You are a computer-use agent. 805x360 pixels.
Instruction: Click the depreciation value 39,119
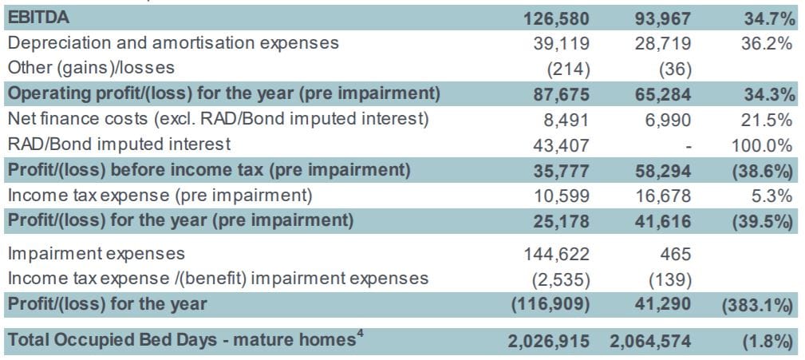562,43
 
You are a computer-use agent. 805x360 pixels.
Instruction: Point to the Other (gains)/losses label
91,68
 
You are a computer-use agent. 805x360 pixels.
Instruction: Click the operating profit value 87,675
562,94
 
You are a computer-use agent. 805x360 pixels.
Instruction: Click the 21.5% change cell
771,120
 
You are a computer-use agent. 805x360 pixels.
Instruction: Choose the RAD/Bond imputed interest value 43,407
562,145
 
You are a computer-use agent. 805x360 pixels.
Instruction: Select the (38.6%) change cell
764,171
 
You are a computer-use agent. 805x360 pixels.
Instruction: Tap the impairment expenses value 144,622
557,254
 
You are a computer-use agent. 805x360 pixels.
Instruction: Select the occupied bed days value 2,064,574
650,341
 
